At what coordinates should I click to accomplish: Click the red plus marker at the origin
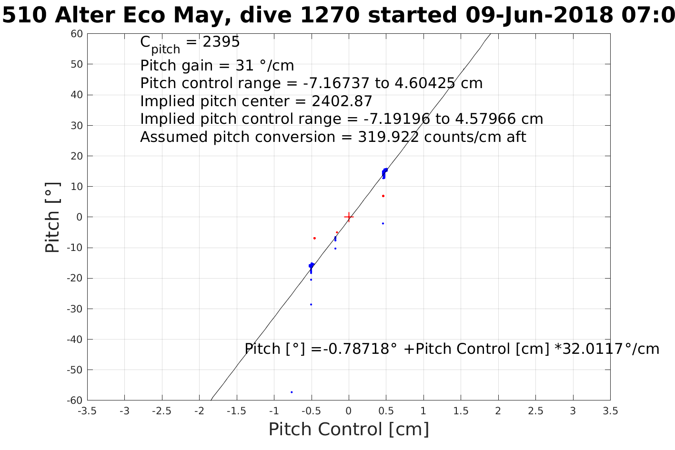[349, 217]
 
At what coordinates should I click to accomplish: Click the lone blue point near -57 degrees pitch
[292, 392]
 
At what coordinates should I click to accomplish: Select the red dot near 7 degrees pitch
[383, 196]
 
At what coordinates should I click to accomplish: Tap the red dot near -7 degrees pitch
[314, 238]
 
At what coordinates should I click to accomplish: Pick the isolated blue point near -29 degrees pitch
[311, 304]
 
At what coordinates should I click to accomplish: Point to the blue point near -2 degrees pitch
[383, 223]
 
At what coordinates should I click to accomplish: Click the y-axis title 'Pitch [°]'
[53, 217]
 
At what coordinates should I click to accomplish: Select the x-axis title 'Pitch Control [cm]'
[349, 429]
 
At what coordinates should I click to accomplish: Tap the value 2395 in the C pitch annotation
[221, 42]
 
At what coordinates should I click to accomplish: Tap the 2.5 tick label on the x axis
[535, 410]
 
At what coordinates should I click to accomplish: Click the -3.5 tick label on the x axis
[87, 410]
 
